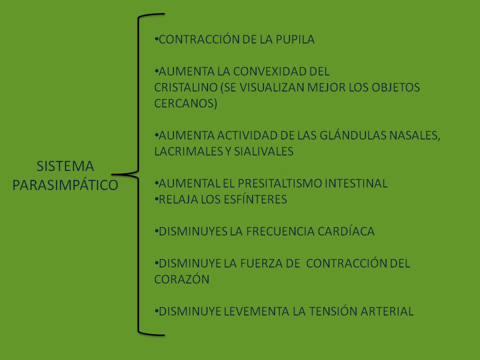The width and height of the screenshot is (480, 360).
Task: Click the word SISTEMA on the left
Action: tap(65, 166)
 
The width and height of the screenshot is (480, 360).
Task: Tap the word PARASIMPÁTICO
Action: tap(65, 185)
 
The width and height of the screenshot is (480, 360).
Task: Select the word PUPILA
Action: tap(295, 39)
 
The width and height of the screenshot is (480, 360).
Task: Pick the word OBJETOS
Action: tap(395, 87)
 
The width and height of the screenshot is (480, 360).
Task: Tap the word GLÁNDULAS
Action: tap(353, 135)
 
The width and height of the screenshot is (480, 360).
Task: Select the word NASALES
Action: tap(414, 135)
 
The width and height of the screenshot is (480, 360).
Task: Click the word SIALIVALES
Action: tap(263, 151)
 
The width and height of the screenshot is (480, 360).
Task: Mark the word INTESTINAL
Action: tap(356, 183)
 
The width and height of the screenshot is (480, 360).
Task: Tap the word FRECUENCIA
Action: tap(280, 231)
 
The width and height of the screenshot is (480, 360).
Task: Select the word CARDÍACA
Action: tap(346, 231)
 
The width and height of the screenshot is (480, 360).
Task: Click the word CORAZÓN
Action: tap(182, 279)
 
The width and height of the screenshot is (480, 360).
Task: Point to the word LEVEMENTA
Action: tap(256, 311)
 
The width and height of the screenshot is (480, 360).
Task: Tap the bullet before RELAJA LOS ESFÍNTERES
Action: tap(156, 199)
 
